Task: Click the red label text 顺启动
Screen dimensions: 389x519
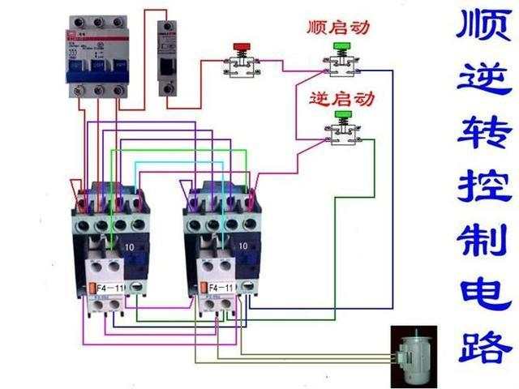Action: (338, 27)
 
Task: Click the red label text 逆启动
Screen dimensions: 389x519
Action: (342, 99)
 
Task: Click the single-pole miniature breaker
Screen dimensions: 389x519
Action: (167, 58)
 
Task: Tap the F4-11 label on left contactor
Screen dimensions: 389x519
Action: (107, 288)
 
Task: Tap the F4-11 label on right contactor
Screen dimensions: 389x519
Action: (220, 288)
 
